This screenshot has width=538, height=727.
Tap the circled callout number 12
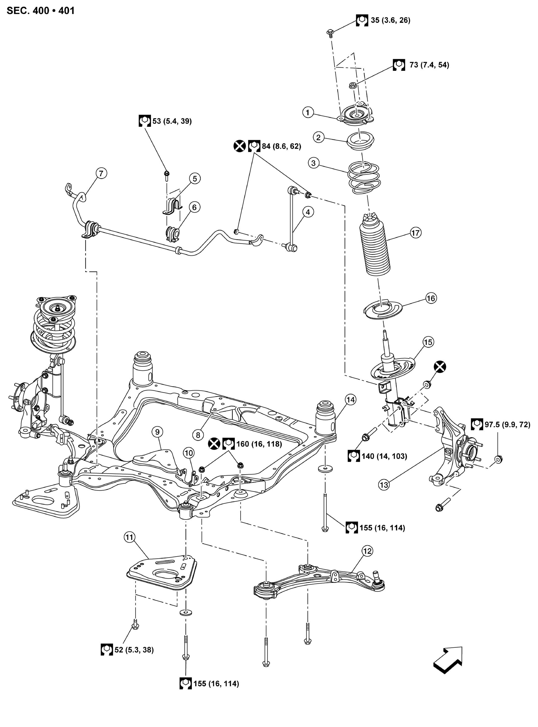pyautogui.click(x=367, y=551)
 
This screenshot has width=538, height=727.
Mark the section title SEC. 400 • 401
pyautogui.click(x=41, y=11)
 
